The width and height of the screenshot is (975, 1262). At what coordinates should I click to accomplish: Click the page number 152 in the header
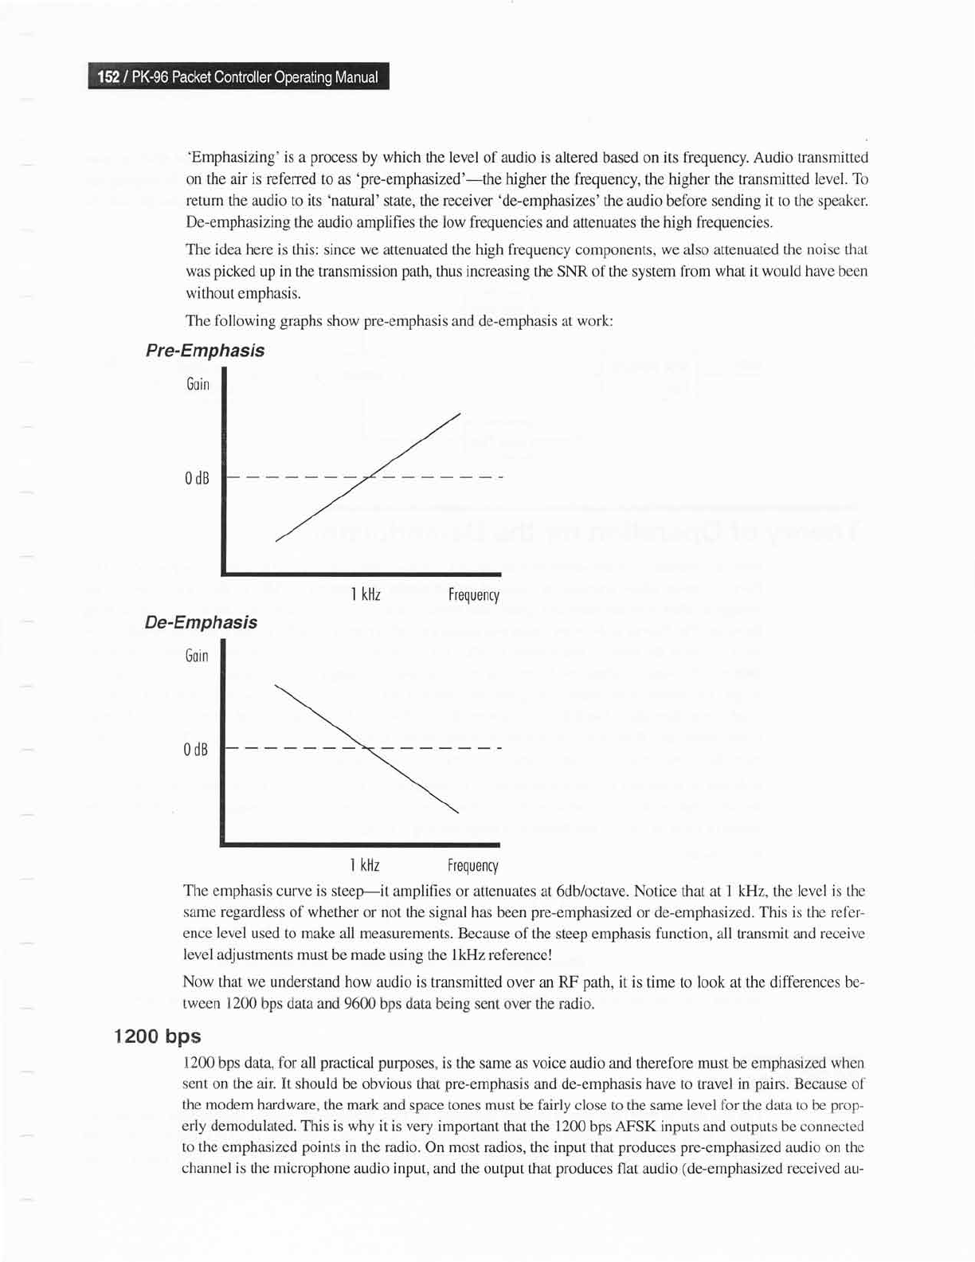(108, 77)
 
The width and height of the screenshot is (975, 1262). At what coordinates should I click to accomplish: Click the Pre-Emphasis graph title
(205, 351)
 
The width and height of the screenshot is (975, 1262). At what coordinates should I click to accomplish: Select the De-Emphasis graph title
(201, 622)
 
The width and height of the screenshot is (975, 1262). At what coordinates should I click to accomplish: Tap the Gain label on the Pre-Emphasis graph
(198, 385)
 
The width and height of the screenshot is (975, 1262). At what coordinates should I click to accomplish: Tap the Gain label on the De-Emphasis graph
(196, 656)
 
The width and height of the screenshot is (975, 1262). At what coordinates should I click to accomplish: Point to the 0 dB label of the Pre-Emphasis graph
(196, 479)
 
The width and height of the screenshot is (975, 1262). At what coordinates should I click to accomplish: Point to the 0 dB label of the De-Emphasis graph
(195, 750)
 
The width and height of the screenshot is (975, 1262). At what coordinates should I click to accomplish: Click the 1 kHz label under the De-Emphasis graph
(364, 866)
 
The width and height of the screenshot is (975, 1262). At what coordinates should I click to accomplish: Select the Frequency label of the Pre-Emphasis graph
(473, 595)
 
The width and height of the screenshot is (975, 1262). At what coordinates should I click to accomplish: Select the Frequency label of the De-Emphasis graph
(472, 866)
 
